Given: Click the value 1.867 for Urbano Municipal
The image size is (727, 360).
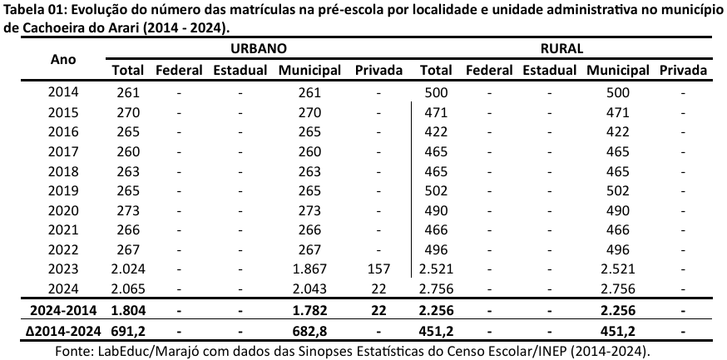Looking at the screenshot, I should click(x=309, y=269).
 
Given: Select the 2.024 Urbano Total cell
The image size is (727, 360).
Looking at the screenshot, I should click(x=129, y=269).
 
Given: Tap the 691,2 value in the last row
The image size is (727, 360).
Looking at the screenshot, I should click(x=129, y=330).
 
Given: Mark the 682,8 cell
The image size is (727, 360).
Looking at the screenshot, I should click(x=309, y=330).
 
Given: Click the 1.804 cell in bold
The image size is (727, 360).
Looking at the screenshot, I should click(x=129, y=310).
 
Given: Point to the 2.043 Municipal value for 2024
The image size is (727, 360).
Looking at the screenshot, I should click(x=309, y=288).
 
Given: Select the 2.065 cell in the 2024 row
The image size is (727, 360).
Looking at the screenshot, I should click(x=129, y=288).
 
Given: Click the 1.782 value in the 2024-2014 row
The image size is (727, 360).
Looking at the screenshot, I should click(x=309, y=310).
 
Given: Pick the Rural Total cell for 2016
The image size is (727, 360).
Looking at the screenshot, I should click(x=437, y=131).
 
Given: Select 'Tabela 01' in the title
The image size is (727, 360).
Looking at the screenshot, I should click(x=32, y=9).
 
